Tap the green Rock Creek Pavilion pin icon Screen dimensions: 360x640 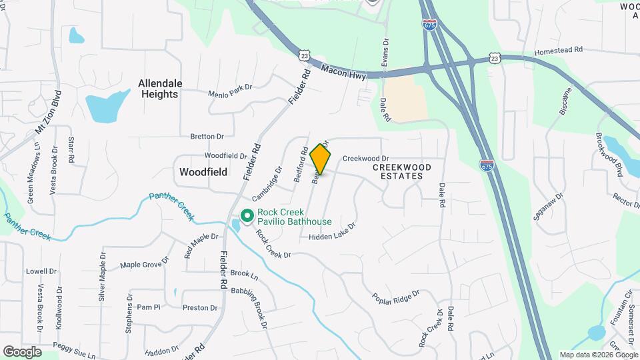click(x=247, y=216)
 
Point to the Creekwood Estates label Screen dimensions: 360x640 click(x=397, y=171)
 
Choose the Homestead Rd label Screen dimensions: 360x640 click(x=559, y=50)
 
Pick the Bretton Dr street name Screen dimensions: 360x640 click(x=207, y=137)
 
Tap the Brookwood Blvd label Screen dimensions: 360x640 click(x=609, y=154)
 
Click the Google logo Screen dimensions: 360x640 click(x=22, y=352)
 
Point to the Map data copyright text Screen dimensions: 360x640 click(x=598, y=355)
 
